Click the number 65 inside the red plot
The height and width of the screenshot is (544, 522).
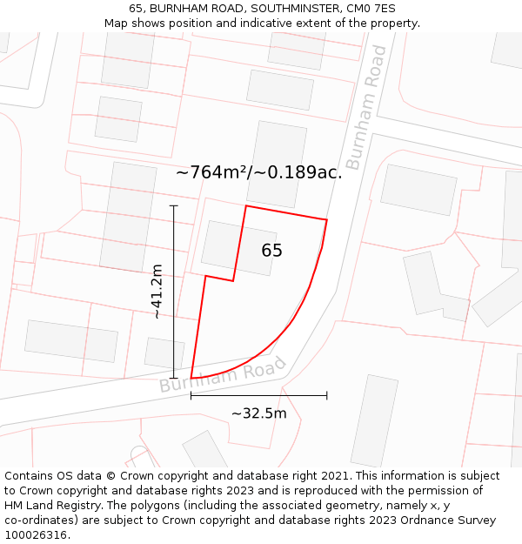271,251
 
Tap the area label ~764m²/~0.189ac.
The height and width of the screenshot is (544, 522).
258,172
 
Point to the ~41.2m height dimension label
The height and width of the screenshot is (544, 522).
157,292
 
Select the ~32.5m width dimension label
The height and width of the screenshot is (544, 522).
258,413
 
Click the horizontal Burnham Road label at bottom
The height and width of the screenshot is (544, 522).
222,375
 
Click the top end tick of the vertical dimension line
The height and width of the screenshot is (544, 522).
174,205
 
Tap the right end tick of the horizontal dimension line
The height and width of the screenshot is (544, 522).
327,395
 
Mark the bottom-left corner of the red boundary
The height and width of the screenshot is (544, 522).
191,379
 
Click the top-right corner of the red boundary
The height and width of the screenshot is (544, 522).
326,220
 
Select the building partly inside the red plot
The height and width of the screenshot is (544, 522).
238,248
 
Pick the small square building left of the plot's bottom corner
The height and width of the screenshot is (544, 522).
164,353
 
